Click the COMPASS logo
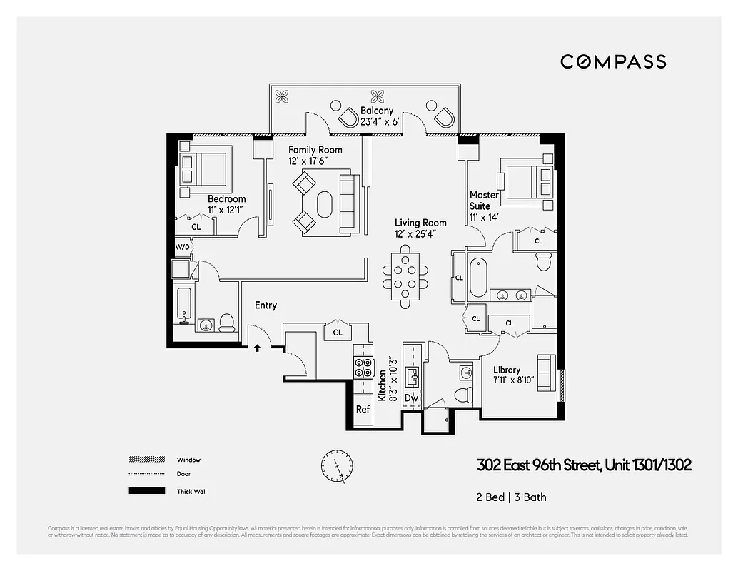(613, 61)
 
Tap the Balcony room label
(377, 111)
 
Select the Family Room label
(315, 150)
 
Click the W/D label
(183, 247)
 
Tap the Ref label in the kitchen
(363, 410)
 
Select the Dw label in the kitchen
(411, 398)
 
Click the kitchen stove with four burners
(364, 367)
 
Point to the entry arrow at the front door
(257, 348)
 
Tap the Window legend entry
(188, 460)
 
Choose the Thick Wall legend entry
(191, 491)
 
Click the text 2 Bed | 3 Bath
(512, 497)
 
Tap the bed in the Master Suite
(528, 181)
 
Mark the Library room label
(507, 370)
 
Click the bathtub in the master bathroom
(477, 278)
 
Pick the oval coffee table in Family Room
(325, 205)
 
